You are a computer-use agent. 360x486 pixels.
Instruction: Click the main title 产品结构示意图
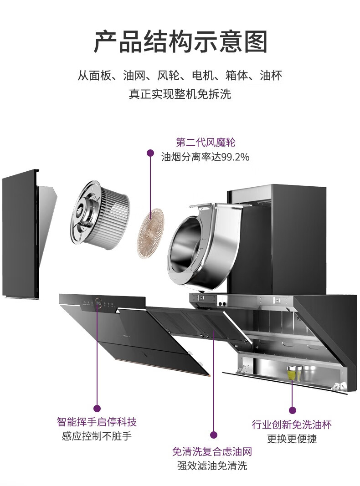tap(180, 42)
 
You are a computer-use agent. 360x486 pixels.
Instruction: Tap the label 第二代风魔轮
tap(206, 142)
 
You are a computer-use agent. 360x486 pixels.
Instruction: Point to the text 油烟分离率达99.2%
tap(206, 157)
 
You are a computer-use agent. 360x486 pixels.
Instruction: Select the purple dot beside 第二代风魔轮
tap(150, 153)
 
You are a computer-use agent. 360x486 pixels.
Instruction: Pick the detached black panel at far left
tap(21, 235)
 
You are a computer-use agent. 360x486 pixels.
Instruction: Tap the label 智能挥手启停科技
tap(97, 422)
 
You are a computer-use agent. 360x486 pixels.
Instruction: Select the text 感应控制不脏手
tap(97, 436)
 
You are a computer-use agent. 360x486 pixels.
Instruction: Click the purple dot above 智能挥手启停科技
tap(97, 408)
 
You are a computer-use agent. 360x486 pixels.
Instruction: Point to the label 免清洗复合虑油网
tap(212, 451)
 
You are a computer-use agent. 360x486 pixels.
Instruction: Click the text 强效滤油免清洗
tap(212, 466)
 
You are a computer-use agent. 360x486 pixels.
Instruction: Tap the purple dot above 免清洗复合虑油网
tap(213, 435)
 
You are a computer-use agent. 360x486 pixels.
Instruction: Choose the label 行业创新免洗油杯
tap(292, 425)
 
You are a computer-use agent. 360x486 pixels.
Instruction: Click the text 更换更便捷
tap(292, 439)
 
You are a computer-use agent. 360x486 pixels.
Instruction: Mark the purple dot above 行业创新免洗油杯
tap(293, 410)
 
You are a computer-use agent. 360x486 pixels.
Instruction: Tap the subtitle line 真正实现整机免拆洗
tap(180, 94)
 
